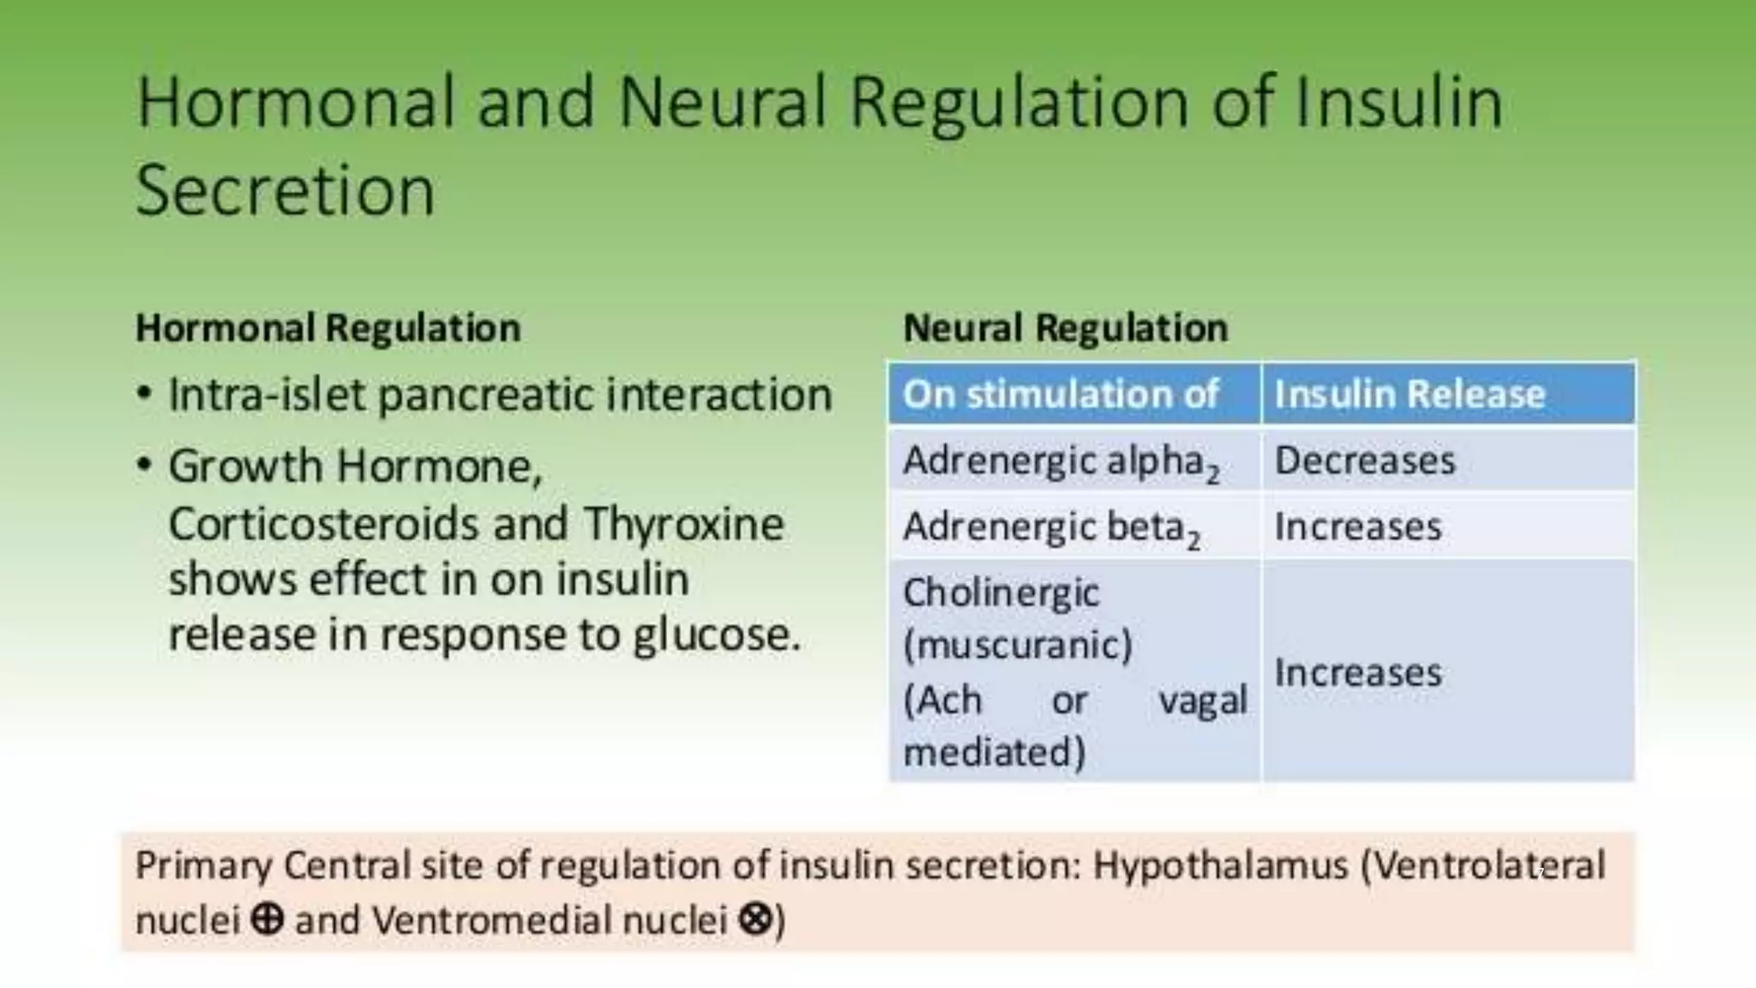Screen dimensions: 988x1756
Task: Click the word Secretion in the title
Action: coord(285,190)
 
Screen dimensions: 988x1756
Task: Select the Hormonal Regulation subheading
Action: coord(328,328)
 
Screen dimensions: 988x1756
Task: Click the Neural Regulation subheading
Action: coord(1065,328)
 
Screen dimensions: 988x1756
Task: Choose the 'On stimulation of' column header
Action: coord(1061,395)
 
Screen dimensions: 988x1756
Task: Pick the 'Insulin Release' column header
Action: coord(1410,395)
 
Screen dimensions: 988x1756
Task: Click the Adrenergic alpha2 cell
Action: coord(1061,461)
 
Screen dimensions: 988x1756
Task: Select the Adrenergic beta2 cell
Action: coord(1051,527)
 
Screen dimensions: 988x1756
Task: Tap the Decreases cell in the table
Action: coord(1365,461)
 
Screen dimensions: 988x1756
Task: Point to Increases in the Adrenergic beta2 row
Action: coord(1358,527)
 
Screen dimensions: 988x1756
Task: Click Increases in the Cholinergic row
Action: coord(1358,673)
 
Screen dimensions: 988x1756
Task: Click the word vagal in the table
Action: coord(1202,701)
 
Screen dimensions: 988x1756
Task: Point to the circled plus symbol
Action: coord(267,920)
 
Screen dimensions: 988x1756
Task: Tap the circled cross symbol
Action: coord(755,920)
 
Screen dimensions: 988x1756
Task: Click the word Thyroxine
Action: coord(683,524)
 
